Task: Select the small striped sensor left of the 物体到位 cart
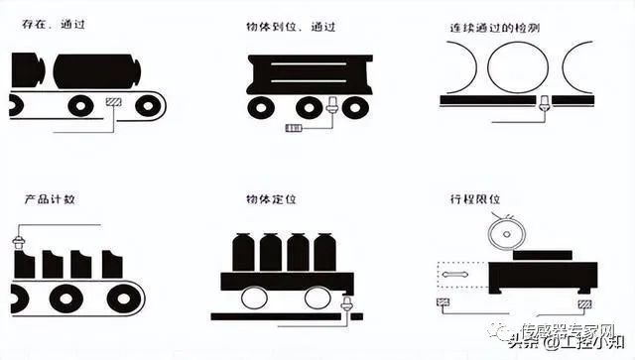tap(295, 128)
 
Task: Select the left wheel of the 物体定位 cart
tap(253, 298)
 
